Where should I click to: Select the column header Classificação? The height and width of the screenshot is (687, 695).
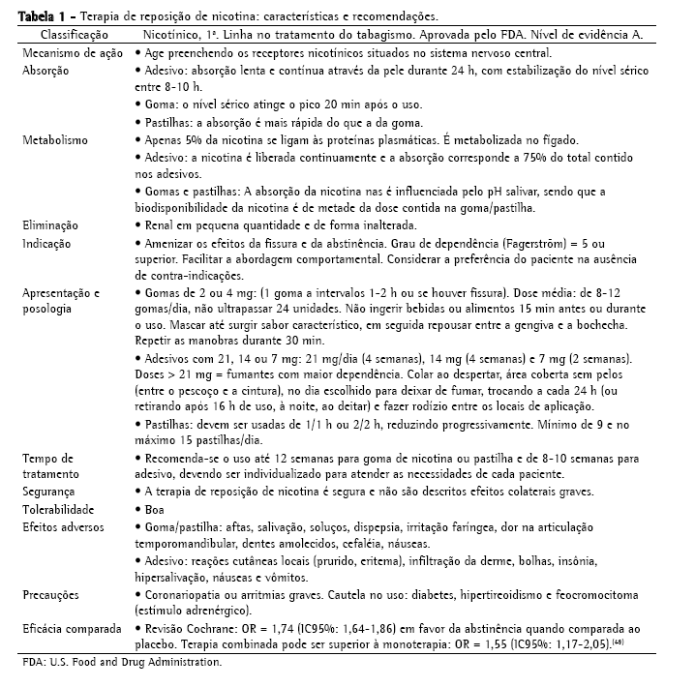pyautogui.click(x=66, y=34)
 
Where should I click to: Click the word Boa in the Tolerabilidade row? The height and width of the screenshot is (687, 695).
pyautogui.click(x=153, y=509)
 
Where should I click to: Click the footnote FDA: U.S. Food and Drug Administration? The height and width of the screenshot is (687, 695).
pyautogui.click(x=122, y=664)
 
